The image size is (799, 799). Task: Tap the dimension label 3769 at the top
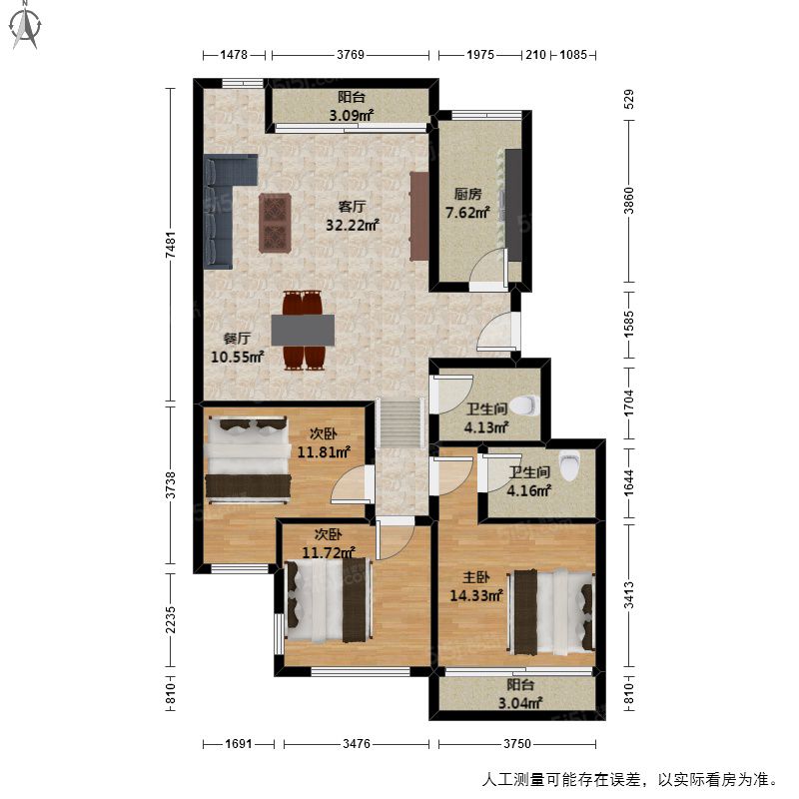click(351, 55)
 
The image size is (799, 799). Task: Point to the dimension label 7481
click(171, 244)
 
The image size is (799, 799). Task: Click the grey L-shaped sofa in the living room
click(224, 204)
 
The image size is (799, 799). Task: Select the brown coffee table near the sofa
click(275, 223)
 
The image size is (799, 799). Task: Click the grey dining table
click(303, 330)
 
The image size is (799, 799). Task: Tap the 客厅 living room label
click(352, 207)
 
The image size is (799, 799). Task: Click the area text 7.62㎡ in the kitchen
click(467, 212)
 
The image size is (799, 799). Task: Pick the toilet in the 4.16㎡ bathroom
click(569, 465)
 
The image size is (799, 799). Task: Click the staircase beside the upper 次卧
click(400, 422)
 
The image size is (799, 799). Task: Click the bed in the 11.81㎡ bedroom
click(248, 459)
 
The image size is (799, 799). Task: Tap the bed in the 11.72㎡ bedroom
click(329, 601)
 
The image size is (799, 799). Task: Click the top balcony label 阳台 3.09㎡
click(352, 106)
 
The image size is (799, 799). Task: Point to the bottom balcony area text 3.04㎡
click(519, 703)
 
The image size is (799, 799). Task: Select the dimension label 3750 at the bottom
click(517, 743)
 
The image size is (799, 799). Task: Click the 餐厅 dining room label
click(237, 339)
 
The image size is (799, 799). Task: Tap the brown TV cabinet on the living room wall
click(418, 216)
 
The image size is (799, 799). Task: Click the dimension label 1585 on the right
click(629, 323)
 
